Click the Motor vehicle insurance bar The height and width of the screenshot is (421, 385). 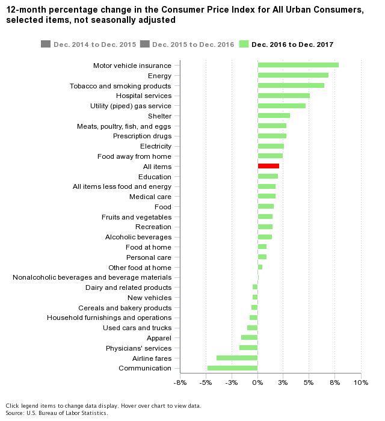[x=298, y=65]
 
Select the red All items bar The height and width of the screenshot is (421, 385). [x=268, y=166]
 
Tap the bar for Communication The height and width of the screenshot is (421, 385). [x=232, y=368]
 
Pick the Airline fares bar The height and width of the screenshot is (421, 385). [x=237, y=358]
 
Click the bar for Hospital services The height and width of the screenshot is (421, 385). [x=283, y=96]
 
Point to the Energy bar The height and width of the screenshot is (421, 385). [x=293, y=75]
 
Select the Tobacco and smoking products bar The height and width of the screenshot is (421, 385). [x=291, y=85]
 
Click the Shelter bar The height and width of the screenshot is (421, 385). [x=274, y=115]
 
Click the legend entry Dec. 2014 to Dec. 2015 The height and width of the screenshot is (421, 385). [x=90, y=45]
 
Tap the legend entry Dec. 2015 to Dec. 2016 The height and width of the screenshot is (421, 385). [x=187, y=45]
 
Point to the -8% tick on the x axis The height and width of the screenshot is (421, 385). [x=180, y=383]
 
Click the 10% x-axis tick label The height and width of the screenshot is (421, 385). [x=360, y=383]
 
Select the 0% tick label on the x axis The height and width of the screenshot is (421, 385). [x=257, y=383]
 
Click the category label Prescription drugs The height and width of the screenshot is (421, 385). [x=142, y=136]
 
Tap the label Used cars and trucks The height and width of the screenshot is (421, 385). [x=137, y=328]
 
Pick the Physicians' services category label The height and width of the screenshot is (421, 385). [x=138, y=348]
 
